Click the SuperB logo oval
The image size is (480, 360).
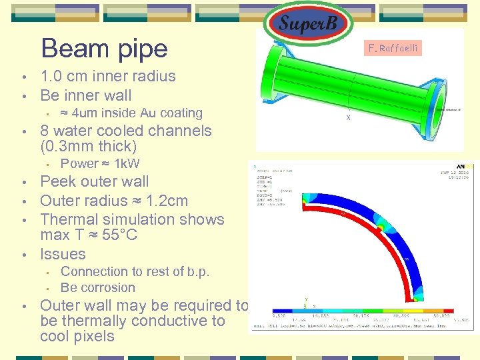pos(308,25)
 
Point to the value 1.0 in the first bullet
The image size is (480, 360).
pos(52,76)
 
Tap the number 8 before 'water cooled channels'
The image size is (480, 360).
pos(45,131)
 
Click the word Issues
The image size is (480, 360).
pos(63,254)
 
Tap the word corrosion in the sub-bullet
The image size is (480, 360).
pos(107,288)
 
